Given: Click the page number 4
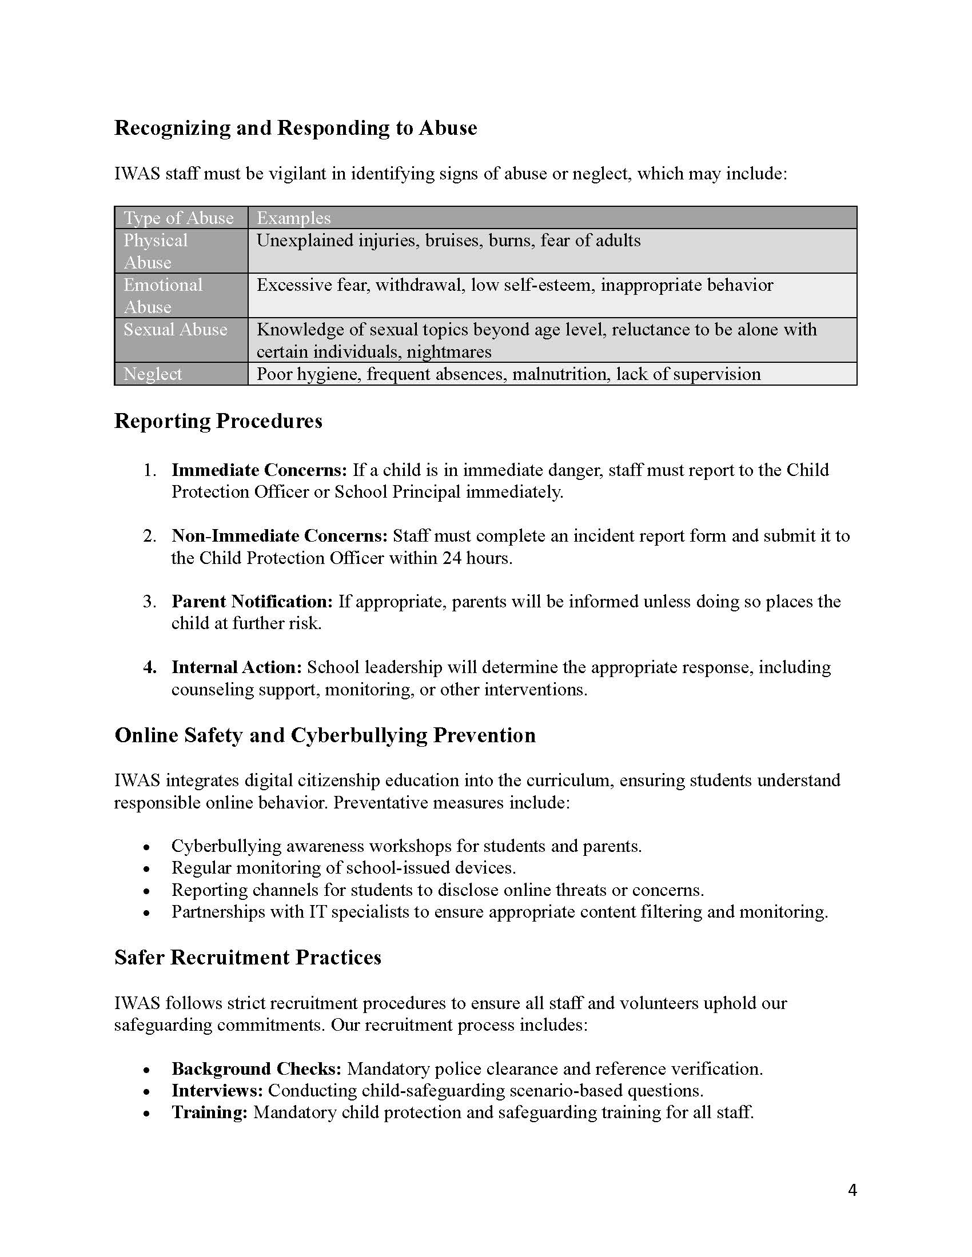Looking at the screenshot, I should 853,1190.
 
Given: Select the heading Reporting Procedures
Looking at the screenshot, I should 218,421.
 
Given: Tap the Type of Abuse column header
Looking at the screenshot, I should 178,218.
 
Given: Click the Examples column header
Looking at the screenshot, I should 294,218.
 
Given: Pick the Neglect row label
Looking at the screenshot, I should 153,374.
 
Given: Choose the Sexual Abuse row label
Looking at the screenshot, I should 176,330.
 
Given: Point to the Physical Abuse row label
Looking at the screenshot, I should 156,251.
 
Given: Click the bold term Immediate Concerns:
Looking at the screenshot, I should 259,470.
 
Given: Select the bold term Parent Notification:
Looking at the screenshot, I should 252,602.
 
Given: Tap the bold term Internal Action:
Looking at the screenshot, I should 237,667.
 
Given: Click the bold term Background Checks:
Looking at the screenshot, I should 257,1069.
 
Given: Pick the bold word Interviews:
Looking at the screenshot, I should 217,1091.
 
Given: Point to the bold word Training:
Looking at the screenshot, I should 210,1112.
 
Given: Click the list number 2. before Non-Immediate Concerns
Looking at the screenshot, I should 150,537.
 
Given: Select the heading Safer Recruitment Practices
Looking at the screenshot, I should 248,958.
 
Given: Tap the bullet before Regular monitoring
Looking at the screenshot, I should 148,868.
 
